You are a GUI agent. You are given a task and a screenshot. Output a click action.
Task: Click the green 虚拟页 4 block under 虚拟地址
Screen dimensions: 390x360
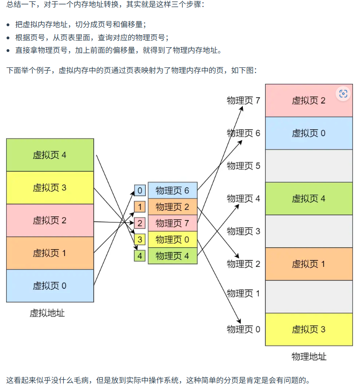pyautogui.click(x=50, y=155)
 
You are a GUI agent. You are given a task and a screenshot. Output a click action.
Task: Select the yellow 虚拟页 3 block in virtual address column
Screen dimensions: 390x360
pyautogui.click(x=50, y=188)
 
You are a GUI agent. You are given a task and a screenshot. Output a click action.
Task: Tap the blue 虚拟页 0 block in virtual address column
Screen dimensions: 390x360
pyautogui.click(x=50, y=286)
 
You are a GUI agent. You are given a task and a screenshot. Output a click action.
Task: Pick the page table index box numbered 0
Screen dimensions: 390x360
pyautogui.click(x=140, y=191)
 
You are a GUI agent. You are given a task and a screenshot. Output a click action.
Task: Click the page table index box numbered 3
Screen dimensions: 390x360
pyautogui.click(x=140, y=240)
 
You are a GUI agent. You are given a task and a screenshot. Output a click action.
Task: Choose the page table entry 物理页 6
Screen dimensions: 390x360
pyautogui.click(x=172, y=191)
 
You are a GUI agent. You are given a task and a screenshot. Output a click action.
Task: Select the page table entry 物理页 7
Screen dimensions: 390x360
pyautogui.click(x=172, y=223)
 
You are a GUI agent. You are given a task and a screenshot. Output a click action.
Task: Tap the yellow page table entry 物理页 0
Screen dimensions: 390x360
pyautogui.click(x=172, y=240)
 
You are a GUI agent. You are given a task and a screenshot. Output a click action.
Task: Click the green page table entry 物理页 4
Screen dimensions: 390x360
pyautogui.click(x=172, y=256)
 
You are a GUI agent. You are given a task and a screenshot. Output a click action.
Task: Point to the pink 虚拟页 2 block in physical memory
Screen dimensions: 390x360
pyautogui.click(x=308, y=100)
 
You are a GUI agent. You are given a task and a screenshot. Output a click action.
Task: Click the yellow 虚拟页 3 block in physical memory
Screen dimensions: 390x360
pyautogui.click(x=308, y=329)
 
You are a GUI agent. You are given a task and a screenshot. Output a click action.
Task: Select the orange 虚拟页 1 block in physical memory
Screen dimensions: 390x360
pyautogui.click(x=308, y=264)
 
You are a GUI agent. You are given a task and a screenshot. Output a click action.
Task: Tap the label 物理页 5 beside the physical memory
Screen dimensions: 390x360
pyautogui.click(x=243, y=166)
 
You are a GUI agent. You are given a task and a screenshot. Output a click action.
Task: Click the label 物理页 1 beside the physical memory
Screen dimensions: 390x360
pyautogui.click(x=243, y=294)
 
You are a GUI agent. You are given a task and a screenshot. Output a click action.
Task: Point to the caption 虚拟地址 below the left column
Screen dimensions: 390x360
pyautogui.click(x=47, y=313)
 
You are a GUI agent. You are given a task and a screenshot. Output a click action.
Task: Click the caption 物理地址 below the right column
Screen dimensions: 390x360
pyautogui.click(x=308, y=357)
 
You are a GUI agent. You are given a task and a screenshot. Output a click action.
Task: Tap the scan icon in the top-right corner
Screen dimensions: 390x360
pyautogui.click(x=343, y=94)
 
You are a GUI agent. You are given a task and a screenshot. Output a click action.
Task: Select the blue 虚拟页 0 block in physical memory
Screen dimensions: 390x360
pyautogui.click(x=308, y=133)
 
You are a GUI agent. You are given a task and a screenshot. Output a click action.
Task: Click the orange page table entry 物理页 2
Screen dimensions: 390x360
pyautogui.click(x=172, y=207)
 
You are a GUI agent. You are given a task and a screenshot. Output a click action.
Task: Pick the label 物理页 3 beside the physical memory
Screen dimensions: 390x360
pyautogui.click(x=243, y=231)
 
